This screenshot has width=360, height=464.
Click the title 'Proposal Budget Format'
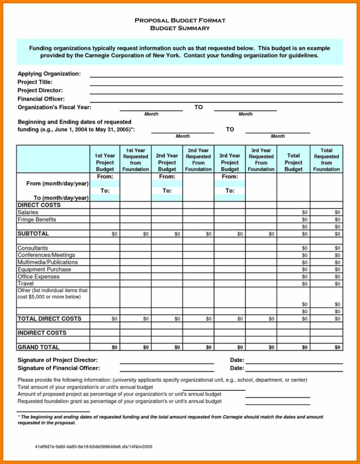click(180, 21)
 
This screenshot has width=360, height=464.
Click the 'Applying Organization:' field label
click(49, 74)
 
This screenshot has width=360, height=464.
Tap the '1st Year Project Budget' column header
click(104, 162)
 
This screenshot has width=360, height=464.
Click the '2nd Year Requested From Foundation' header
click(198, 159)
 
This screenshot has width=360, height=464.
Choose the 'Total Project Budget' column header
click(293, 162)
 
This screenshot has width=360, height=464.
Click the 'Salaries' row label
click(28, 212)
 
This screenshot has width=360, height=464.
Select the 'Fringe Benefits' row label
click(37, 220)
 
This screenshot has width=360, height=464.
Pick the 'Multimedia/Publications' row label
click(47, 262)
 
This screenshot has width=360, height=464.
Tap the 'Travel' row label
click(26, 284)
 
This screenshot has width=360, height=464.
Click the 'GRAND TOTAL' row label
click(38, 347)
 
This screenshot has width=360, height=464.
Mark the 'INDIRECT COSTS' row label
click(42, 332)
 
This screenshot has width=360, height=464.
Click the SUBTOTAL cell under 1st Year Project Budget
click(104, 234)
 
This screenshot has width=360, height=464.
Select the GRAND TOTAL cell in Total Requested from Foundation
click(326, 347)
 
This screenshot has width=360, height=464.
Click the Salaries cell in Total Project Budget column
click(293, 212)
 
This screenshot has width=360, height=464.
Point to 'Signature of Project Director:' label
click(57, 360)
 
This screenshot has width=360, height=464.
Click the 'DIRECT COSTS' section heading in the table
click(39, 205)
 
